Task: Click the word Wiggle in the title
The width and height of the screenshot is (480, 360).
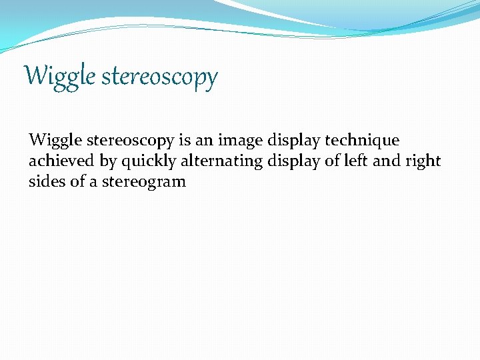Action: point(60,77)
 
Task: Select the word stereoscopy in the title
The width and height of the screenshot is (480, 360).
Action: point(160,77)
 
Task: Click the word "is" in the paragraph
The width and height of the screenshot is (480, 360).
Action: point(185,141)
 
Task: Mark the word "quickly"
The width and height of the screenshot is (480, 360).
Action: point(148,161)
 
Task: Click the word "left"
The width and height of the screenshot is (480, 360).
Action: point(357,161)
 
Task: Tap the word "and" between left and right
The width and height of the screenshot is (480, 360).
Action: point(387,161)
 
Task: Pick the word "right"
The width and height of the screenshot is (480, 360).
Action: point(424,161)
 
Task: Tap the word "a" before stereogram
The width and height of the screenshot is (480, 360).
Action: point(95,181)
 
